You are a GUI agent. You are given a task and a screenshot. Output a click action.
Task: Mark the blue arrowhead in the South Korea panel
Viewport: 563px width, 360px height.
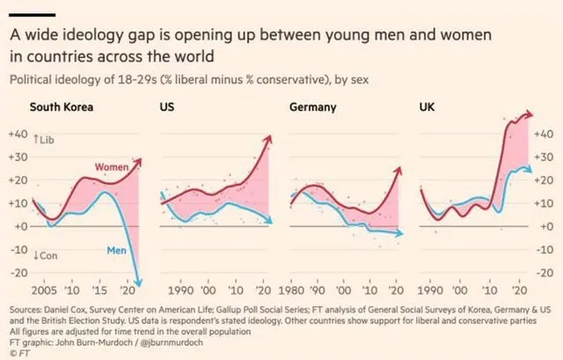click(138, 280)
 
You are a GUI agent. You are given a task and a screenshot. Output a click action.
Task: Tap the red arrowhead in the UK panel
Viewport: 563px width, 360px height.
click(530, 114)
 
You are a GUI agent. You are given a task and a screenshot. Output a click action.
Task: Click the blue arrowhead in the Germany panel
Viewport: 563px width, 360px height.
click(400, 233)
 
